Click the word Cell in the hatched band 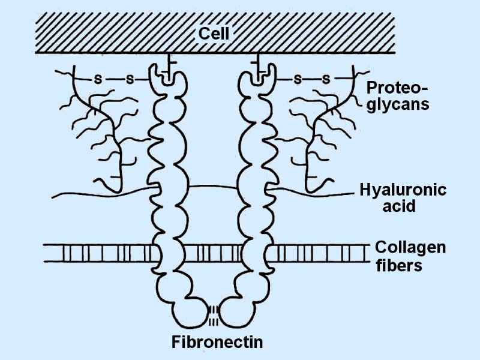pyautogui.click(x=214, y=34)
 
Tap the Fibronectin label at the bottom pyautogui.click(x=217, y=343)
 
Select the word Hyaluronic pyautogui.click(x=403, y=191)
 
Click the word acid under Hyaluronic pyautogui.click(x=400, y=207)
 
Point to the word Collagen pyautogui.click(x=410, y=247)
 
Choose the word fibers pyautogui.click(x=399, y=265)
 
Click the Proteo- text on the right pyautogui.click(x=397, y=89)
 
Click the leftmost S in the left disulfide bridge pyautogui.click(x=98, y=79)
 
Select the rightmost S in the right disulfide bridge pyautogui.click(x=326, y=79)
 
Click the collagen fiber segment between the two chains pyautogui.click(x=214, y=252)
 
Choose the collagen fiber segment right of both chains pyautogui.click(x=318, y=252)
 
